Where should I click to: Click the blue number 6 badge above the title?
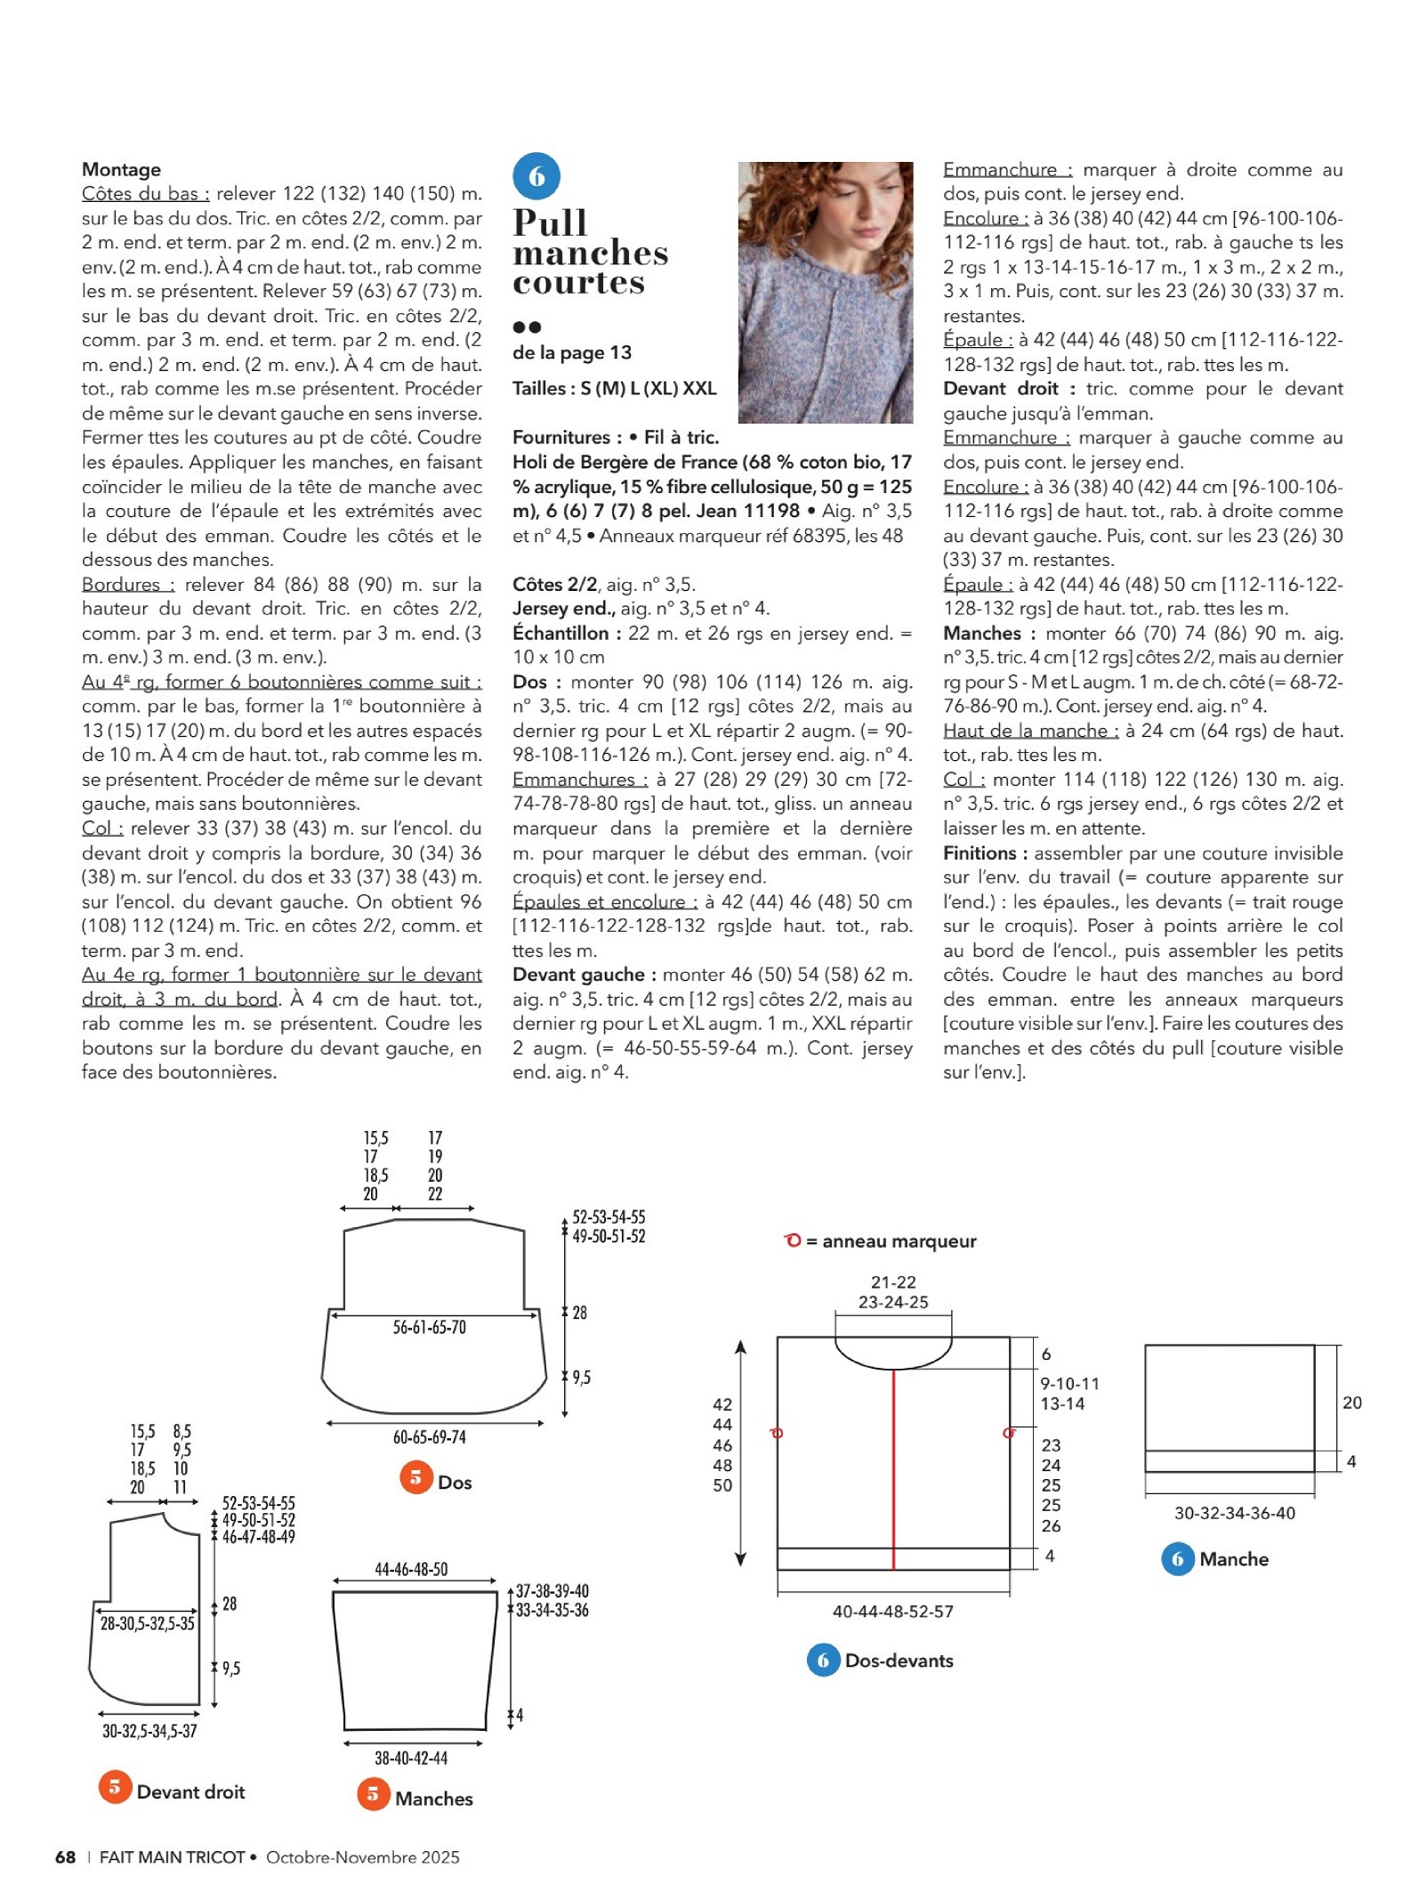(x=536, y=176)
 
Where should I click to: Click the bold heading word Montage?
(x=121, y=169)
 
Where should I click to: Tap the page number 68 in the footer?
(x=65, y=1856)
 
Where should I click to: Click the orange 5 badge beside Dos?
(x=415, y=1478)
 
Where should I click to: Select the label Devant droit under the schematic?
(x=190, y=1791)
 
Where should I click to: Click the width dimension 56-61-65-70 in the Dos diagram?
(x=429, y=1327)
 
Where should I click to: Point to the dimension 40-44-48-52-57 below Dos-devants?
(x=892, y=1612)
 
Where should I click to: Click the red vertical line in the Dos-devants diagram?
(x=893, y=1468)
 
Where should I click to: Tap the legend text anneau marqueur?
(x=899, y=1241)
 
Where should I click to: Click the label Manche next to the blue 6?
(x=1233, y=1558)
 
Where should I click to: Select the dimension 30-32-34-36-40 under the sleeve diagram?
(x=1234, y=1513)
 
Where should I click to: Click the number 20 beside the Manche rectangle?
(x=1351, y=1403)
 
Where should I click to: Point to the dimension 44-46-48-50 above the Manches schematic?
(x=411, y=1569)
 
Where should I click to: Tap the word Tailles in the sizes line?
(x=539, y=388)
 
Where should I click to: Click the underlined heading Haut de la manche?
(x=1030, y=731)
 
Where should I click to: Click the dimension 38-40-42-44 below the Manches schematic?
(x=411, y=1758)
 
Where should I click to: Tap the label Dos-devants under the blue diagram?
(x=899, y=1660)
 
